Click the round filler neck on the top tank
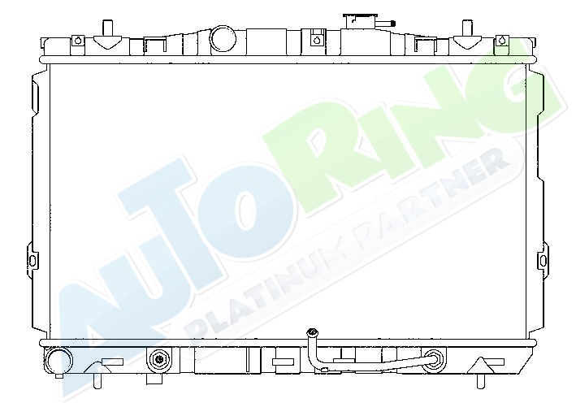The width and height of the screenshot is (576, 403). pyautogui.click(x=223, y=38)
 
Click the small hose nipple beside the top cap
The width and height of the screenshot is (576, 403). pyautogui.click(x=386, y=24)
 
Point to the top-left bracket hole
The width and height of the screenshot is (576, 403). pyautogui.click(x=77, y=40)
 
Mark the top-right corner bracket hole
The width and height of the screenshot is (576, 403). pyautogui.click(x=502, y=40)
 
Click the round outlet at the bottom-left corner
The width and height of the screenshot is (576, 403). pyautogui.click(x=58, y=362)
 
